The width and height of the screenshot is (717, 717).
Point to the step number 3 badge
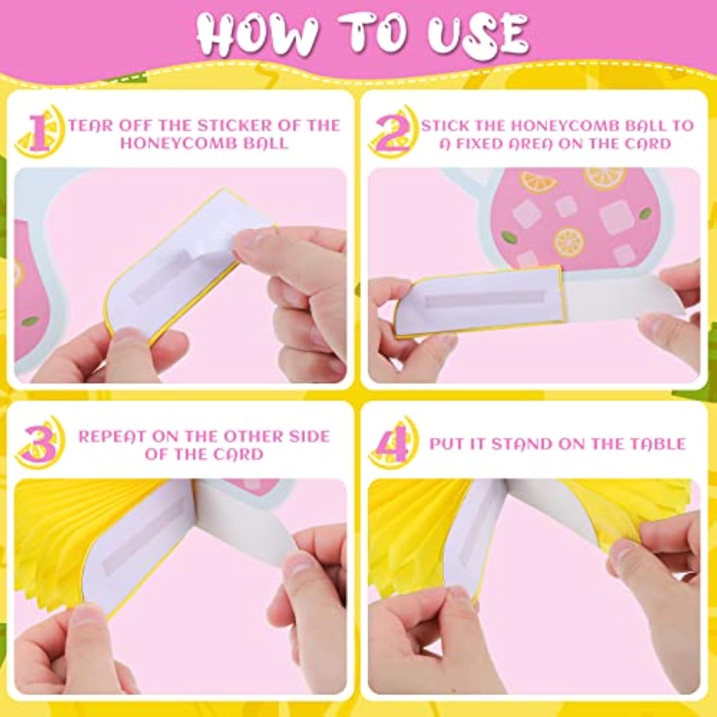40,442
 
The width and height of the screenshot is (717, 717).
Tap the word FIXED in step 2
487,143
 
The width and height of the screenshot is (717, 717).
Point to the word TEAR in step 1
90,126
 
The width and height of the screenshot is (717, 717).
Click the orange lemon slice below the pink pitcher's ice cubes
569,242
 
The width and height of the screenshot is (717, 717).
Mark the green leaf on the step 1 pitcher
31,321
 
